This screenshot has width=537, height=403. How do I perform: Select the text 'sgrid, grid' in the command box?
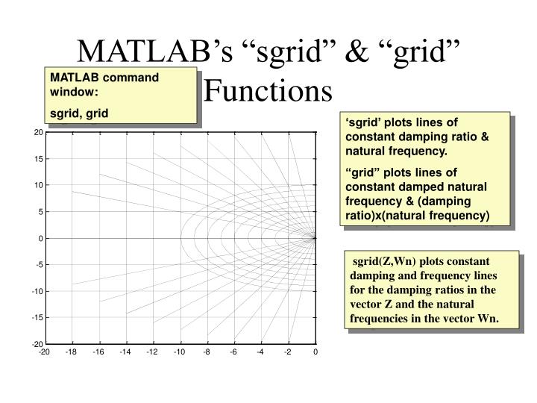pos(78,113)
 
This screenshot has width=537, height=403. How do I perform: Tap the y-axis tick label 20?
pos(37,133)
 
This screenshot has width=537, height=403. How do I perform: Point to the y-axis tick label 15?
pos(37,159)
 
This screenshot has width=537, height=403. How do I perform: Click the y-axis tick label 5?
pos(40,212)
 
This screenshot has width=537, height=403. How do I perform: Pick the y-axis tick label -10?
pos(36,291)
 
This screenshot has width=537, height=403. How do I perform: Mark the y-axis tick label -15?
pos(36,317)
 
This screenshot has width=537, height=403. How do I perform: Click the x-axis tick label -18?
pos(71,352)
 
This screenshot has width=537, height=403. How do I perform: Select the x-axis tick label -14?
pos(125,352)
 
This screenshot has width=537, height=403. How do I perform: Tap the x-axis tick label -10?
pos(180,352)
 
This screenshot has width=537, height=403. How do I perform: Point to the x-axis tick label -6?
pos(233,352)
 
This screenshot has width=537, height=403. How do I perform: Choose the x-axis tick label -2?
pos(288,352)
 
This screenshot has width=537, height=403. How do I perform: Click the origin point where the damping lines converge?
pos(315,238)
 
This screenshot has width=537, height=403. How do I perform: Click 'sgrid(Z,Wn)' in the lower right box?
pos(381,262)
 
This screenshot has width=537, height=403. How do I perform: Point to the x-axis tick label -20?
pos(44,352)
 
